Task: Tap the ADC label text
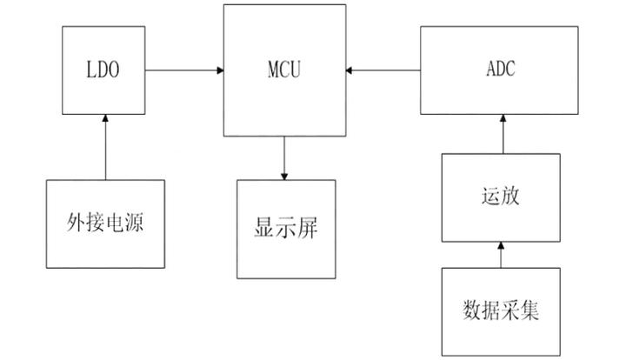tap(499, 69)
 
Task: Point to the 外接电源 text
tap(105, 223)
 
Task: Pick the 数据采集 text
tap(499, 310)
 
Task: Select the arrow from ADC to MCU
tap(382, 68)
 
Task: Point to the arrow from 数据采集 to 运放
tap(500, 255)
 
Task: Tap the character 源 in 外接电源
tap(137, 223)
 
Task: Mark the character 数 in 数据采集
tap(469, 310)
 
